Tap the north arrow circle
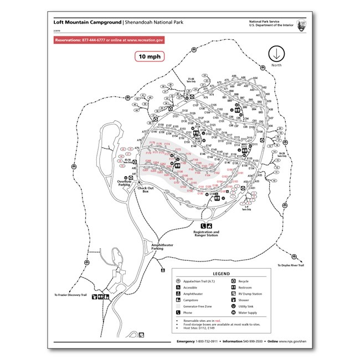[x=276, y=54]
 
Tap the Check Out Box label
[x=146, y=190]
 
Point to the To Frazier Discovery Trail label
[x=71, y=295]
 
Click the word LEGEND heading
[x=221, y=274]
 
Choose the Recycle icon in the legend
[x=234, y=281]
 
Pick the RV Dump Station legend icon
[x=234, y=294]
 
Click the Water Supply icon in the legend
[x=234, y=312]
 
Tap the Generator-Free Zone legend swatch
[x=178, y=306]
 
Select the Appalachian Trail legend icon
[x=178, y=281]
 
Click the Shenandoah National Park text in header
[x=153, y=23]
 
